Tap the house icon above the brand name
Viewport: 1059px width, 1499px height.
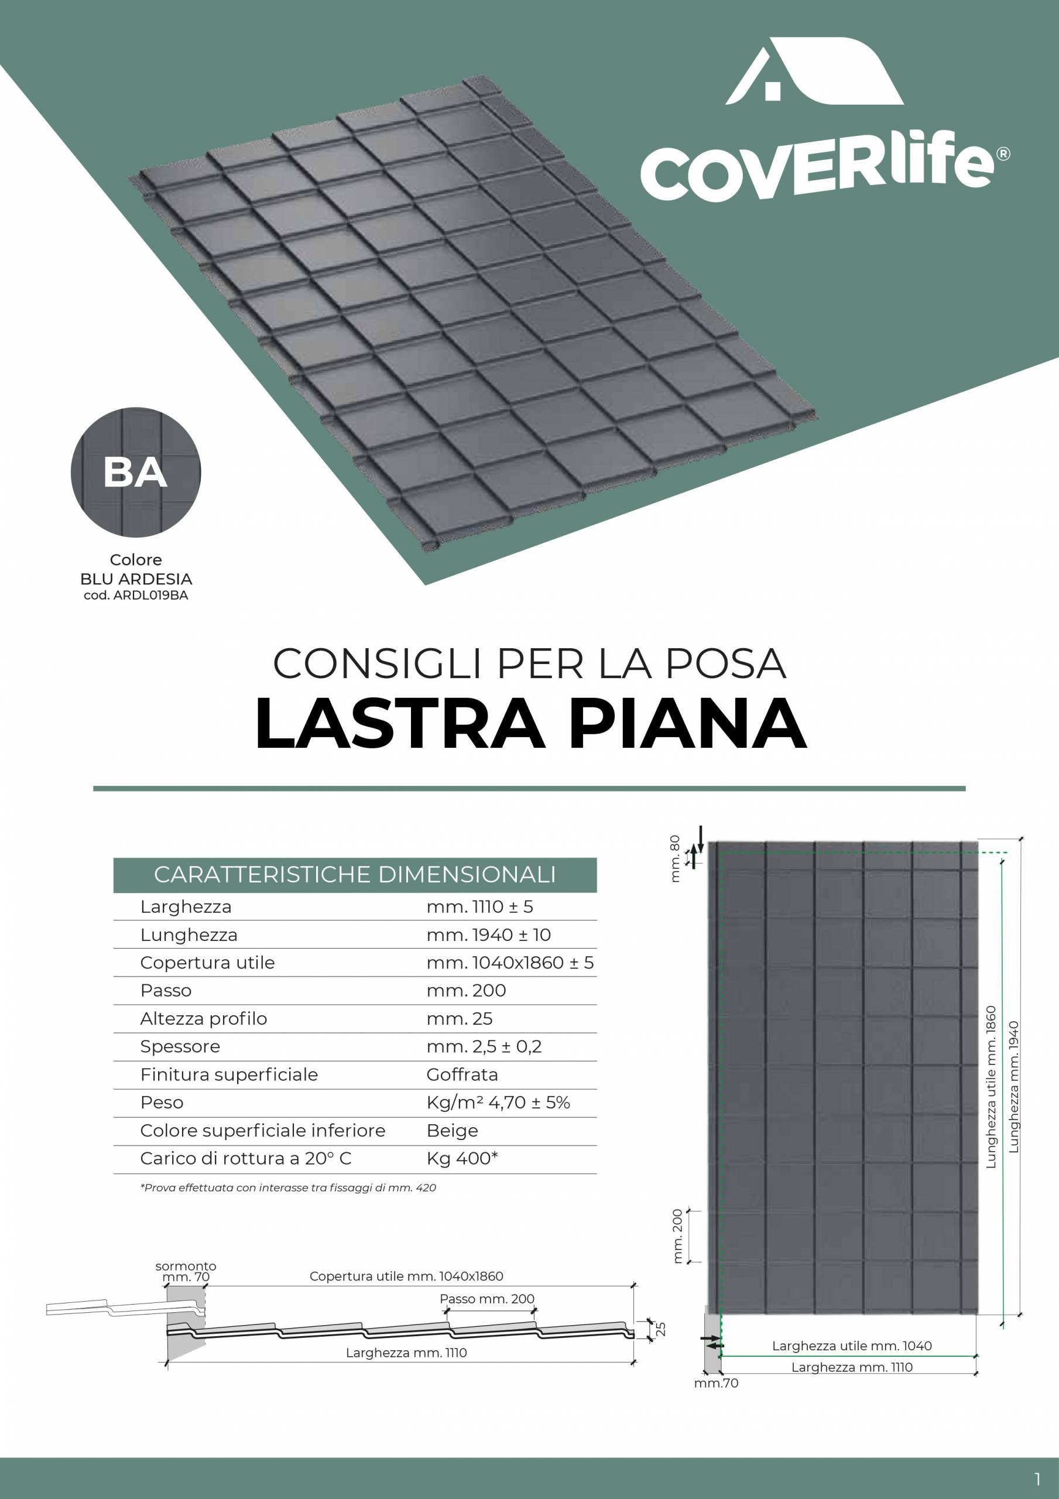point(814,71)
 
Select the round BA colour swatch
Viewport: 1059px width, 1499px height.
point(136,472)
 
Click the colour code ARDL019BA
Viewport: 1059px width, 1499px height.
point(136,596)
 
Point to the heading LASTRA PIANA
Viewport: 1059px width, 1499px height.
point(530,723)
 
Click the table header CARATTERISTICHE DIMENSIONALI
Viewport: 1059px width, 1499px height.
point(355,875)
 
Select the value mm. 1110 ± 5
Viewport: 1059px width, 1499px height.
point(479,907)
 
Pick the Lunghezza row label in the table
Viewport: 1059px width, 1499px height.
point(189,935)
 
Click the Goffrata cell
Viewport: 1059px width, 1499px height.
point(462,1074)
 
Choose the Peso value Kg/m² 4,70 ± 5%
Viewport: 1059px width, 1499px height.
point(498,1103)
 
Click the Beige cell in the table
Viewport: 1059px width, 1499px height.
point(452,1131)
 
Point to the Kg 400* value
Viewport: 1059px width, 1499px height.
point(462,1159)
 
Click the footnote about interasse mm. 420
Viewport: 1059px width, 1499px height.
point(288,1187)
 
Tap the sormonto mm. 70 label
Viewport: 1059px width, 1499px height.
point(186,1271)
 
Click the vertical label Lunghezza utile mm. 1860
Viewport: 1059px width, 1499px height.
point(991,1087)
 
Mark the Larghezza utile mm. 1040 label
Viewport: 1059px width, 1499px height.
point(851,1346)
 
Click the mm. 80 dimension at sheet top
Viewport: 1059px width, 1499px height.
point(675,859)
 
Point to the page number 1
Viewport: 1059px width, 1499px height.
point(1037,1478)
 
